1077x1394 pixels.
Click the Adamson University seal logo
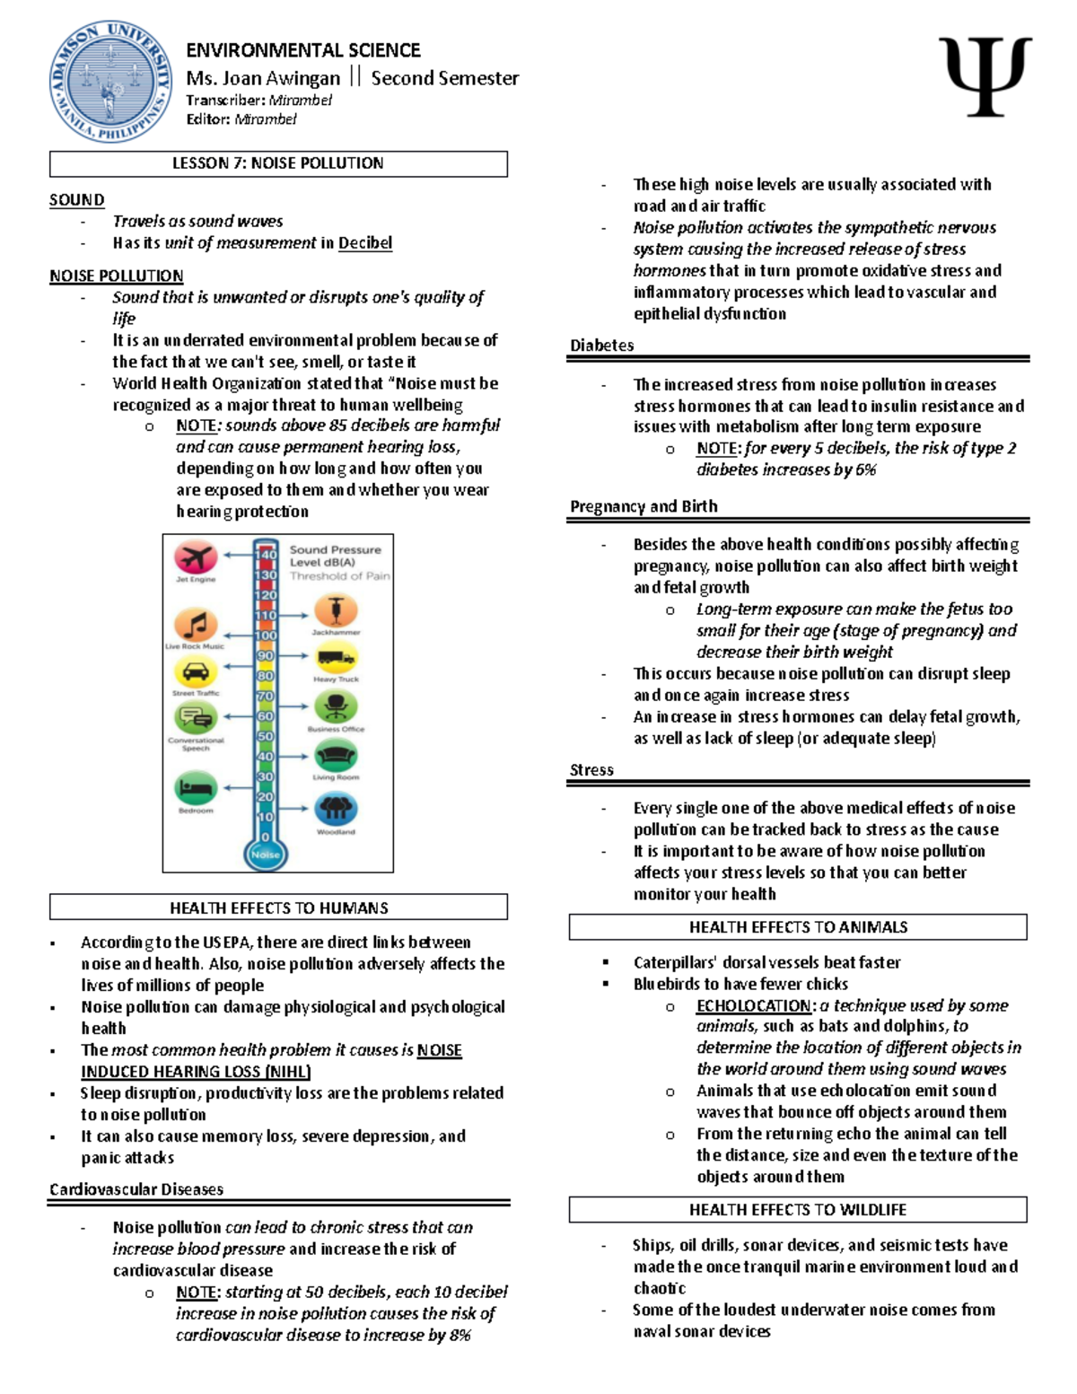click(x=110, y=82)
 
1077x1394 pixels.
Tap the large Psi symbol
click(x=985, y=76)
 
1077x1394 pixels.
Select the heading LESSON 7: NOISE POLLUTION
click(x=278, y=163)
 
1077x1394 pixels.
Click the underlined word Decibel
click(x=365, y=242)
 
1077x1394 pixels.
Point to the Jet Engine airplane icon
click(x=196, y=557)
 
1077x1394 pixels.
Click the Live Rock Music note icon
click(x=196, y=625)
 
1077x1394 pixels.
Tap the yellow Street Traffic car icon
click(x=196, y=671)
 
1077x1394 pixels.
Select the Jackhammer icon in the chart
click(x=336, y=611)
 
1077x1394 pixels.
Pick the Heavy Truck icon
click(x=336, y=660)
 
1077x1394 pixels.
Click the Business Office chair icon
click(x=336, y=707)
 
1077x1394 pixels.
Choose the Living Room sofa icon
click(x=336, y=756)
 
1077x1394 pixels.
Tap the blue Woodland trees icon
click(x=336, y=810)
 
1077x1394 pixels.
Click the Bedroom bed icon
click(x=196, y=789)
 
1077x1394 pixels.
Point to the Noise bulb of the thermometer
click(x=266, y=854)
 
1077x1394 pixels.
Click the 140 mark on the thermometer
click(x=266, y=555)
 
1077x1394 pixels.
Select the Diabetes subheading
click(x=602, y=346)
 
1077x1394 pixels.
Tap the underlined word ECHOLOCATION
click(x=754, y=1005)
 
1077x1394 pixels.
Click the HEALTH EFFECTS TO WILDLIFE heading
click(x=798, y=1210)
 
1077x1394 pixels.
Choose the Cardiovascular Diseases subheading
click(x=136, y=1189)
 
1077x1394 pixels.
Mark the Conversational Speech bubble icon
click(x=196, y=718)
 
